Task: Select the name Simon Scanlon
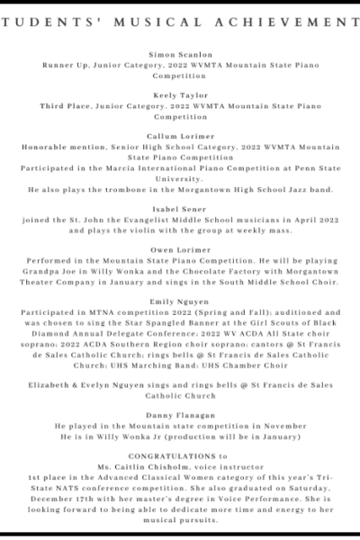pyautogui.click(x=180, y=56)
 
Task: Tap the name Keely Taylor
pyautogui.click(x=180, y=95)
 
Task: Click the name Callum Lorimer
pyautogui.click(x=180, y=135)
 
